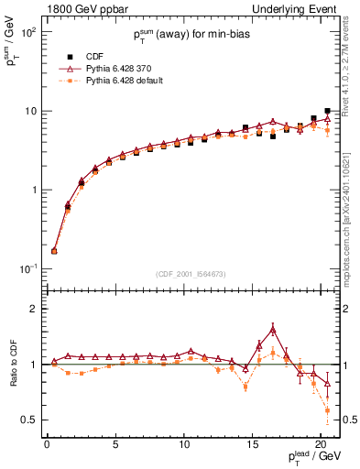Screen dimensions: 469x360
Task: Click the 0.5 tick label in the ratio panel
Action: coord(27,420)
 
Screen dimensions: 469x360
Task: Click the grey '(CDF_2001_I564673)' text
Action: coord(192,273)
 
